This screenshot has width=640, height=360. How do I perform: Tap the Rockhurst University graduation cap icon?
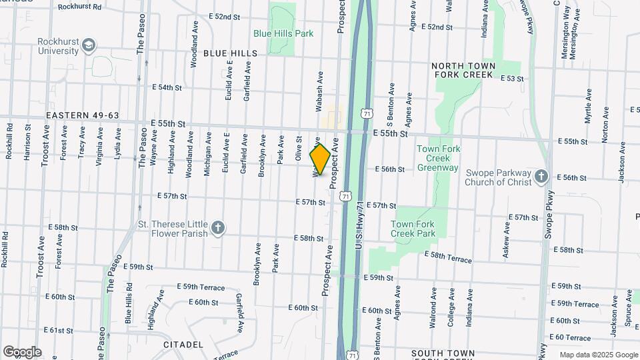[x=89, y=45]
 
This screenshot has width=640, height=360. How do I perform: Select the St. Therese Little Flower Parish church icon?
[x=217, y=229]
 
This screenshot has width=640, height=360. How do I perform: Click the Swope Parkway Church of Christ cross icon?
[x=541, y=177]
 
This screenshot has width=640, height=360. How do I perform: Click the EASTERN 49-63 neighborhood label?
[x=83, y=115]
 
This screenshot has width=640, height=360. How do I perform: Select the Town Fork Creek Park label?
[x=413, y=229]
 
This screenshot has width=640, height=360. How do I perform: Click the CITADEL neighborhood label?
[x=183, y=344]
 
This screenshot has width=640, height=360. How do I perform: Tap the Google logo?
[x=22, y=352]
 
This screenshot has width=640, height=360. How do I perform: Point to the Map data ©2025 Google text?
[x=599, y=355]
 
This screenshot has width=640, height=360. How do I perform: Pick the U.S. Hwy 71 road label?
[x=360, y=227]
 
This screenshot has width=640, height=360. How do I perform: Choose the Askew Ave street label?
[x=507, y=239]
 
